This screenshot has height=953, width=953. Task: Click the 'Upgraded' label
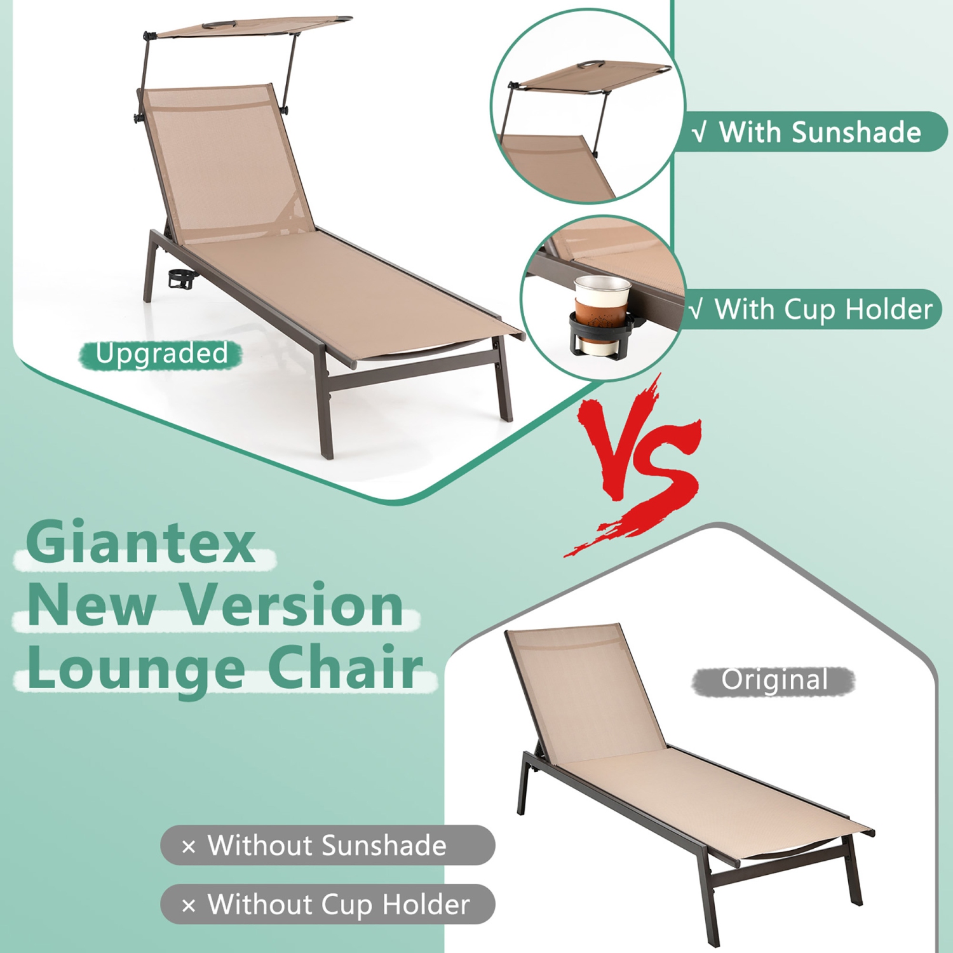coord(161,354)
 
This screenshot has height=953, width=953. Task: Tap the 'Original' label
coord(774,681)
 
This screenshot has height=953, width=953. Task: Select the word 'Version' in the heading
coord(292,605)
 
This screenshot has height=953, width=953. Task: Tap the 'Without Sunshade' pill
coord(327,846)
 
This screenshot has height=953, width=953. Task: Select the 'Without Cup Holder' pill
coord(327,904)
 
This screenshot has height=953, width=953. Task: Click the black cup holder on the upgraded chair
coord(181,280)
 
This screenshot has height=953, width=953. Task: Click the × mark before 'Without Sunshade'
coord(189,847)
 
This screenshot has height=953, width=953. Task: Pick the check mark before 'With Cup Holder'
coord(697,310)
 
